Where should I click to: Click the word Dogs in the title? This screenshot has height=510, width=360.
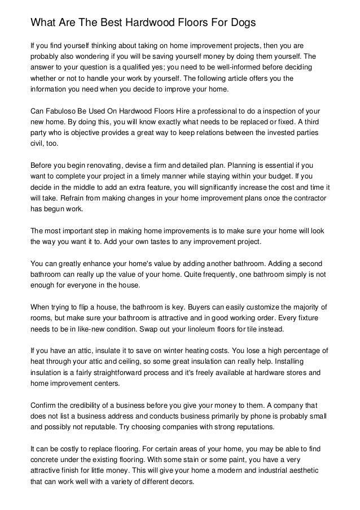(241, 23)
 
